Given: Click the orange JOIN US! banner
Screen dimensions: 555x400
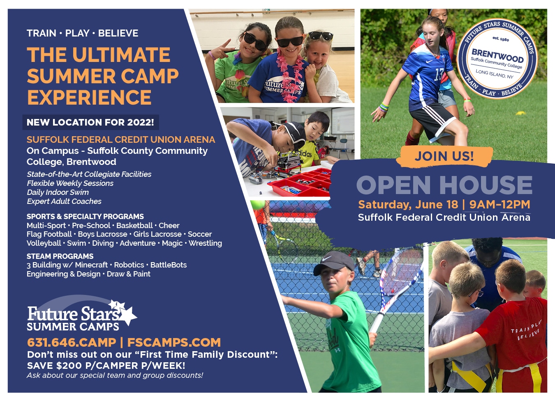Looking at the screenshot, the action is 444,156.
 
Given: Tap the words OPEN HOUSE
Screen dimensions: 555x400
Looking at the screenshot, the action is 444,185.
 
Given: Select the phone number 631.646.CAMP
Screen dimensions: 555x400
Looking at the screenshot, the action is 72,343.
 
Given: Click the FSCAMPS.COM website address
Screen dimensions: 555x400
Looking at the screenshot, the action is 174,343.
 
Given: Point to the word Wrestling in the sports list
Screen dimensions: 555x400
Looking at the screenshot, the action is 206,243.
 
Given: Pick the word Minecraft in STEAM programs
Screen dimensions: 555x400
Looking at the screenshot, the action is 91,265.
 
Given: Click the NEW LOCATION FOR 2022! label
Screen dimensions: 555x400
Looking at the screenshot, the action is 90,122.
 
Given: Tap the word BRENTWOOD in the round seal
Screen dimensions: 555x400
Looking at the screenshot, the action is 497,56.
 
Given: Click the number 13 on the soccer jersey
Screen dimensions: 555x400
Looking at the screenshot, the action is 439,75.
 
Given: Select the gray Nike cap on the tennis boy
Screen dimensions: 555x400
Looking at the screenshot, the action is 334,263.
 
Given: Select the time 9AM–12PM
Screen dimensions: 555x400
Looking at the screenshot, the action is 500,204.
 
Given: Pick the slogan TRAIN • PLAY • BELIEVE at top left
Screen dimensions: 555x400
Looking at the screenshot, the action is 83,33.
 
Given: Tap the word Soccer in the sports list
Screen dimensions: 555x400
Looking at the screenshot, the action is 200,234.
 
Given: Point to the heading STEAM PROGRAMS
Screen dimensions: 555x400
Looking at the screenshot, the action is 60,256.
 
